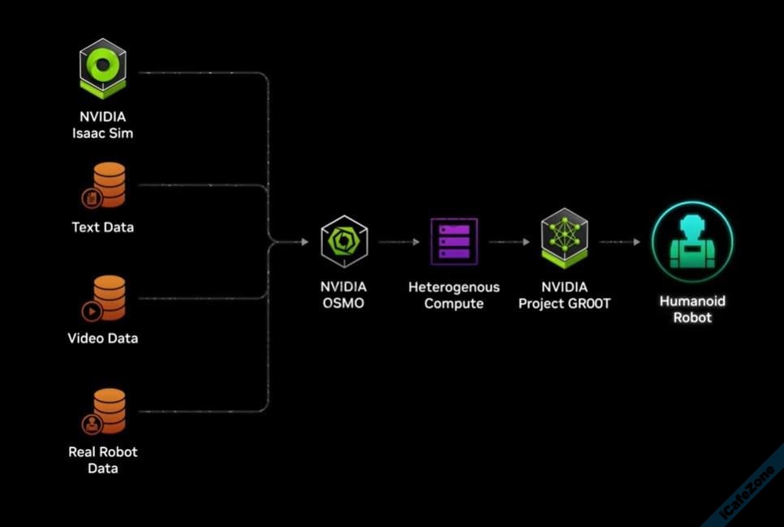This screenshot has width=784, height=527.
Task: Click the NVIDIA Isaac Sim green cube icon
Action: pyautogui.click(x=102, y=68)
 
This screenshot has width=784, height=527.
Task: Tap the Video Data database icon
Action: pyautogui.click(x=106, y=298)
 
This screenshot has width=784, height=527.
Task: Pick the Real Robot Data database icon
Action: pyautogui.click(x=106, y=411)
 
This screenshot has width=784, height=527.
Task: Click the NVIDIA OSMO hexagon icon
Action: pyautogui.click(x=344, y=241)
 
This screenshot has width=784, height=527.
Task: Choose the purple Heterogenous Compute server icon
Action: pyautogui.click(x=454, y=240)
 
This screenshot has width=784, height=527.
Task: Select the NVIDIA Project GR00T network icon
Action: pyautogui.click(x=564, y=237)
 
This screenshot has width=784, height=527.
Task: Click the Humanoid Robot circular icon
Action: pyautogui.click(x=692, y=242)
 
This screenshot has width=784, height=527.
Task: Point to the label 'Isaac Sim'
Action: pyautogui.click(x=102, y=133)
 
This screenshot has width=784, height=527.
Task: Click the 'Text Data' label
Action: pyautogui.click(x=102, y=227)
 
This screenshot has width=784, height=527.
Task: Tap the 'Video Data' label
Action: pyautogui.click(x=102, y=338)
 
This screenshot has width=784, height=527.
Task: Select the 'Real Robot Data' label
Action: pyautogui.click(x=102, y=460)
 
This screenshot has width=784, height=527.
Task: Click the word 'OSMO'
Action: pyautogui.click(x=343, y=304)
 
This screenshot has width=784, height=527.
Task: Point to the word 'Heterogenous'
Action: pyautogui.click(x=454, y=287)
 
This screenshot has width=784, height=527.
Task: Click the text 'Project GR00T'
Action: pyautogui.click(x=564, y=304)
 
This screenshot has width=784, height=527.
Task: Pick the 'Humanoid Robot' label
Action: pyautogui.click(x=692, y=309)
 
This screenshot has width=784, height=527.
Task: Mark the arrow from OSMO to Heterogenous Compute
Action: pyautogui.click(x=397, y=242)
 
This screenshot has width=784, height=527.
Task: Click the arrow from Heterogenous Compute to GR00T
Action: pyautogui.click(x=509, y=242)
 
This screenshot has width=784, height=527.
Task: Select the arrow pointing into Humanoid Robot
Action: pyautogui.click(x=620, y=242)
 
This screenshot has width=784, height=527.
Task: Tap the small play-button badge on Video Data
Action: pyautogui.click(x=90, y=310)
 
